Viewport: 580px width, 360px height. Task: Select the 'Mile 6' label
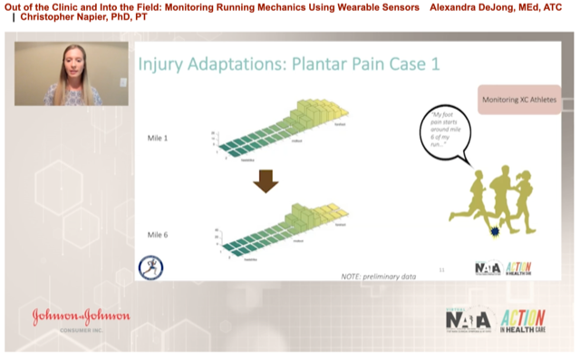pos(160,235)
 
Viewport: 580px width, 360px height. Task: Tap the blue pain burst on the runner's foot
pos(495,233)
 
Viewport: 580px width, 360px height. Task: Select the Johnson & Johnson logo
pos(82,319)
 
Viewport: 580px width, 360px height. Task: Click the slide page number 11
pos(441,269)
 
